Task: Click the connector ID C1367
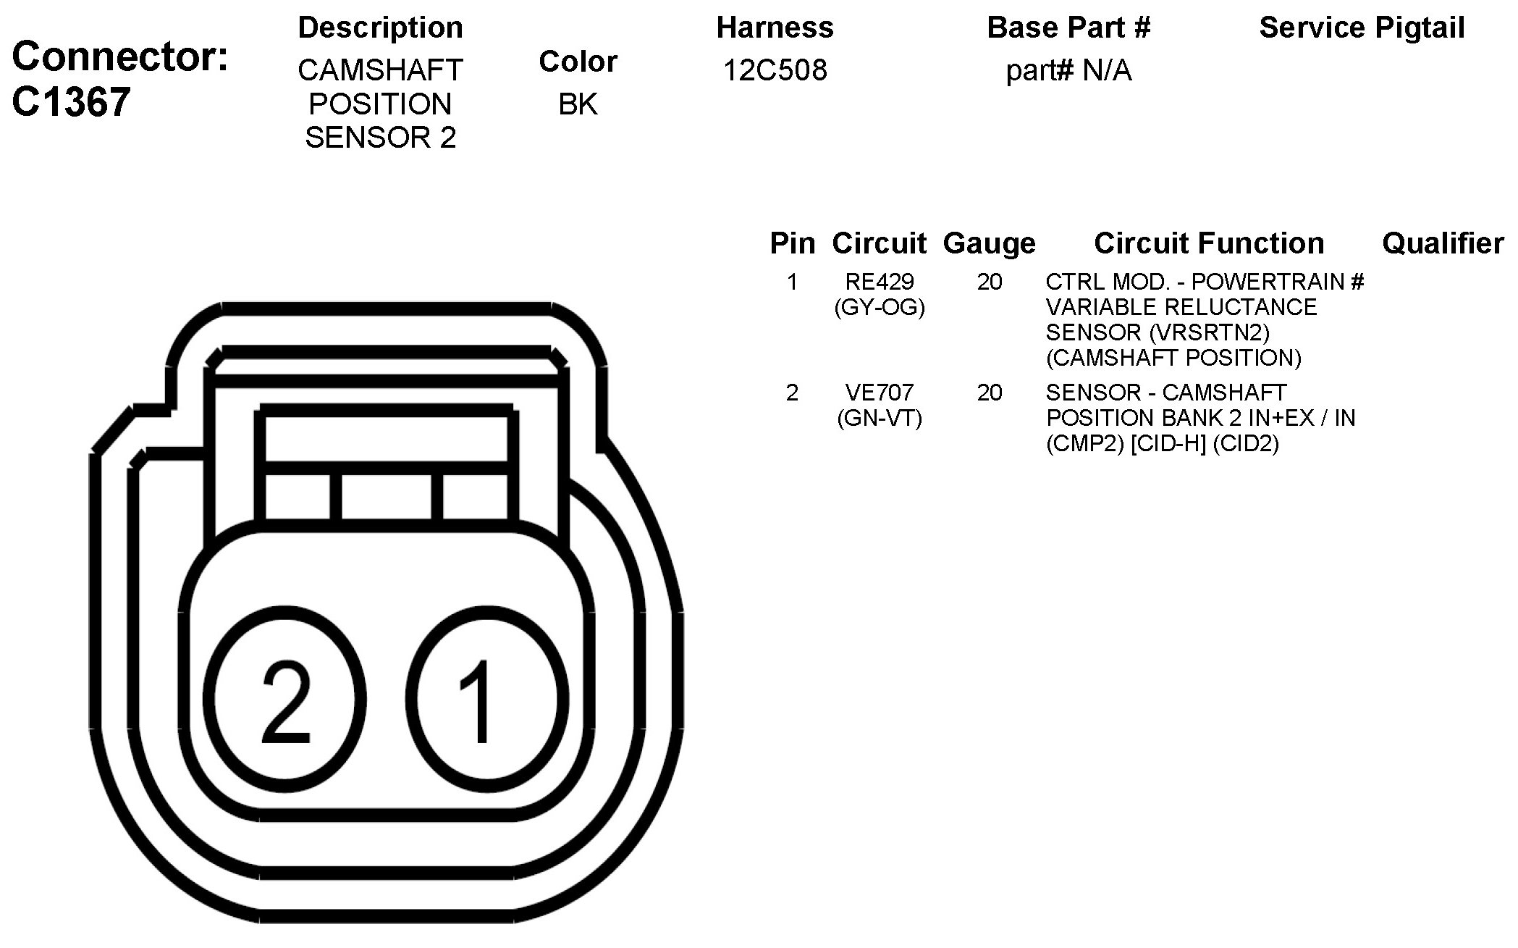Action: pyautogui.click(x=71, y=101)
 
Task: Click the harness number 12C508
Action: pyautogui.click(x=775, y=70)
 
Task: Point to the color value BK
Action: pyautogui.click(x=578, y=104)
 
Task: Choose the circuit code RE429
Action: pyautogui.click(x=880, y=282)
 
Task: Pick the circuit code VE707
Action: pyautogui.click(x=880, y=393)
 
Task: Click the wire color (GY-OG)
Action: pyautogui.click(x=880, y=308)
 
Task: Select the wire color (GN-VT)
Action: pyautogui.click(x=880, y=419)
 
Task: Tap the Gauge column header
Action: pyautogui.click(x=990, y=244)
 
